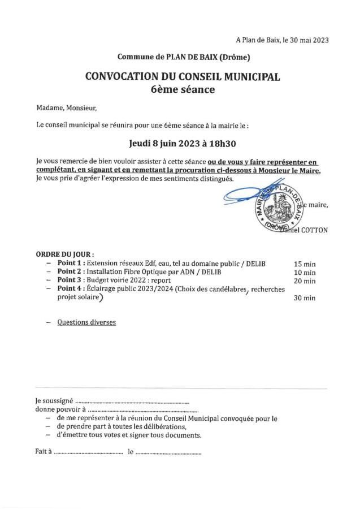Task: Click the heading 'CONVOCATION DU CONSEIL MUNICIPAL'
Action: click(x=183, y=76)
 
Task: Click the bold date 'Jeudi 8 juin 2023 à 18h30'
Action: click(x=183, y=144)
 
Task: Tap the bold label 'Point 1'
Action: click(x=71, y=264)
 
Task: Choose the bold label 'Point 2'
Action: click(x=71, y=272)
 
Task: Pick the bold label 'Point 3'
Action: click(x=71, y=281)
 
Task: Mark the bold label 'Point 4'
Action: click(x=71, y=289)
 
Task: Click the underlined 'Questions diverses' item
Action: click(x=86, y=322)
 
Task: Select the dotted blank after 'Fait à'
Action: click(x=88, y=452)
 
